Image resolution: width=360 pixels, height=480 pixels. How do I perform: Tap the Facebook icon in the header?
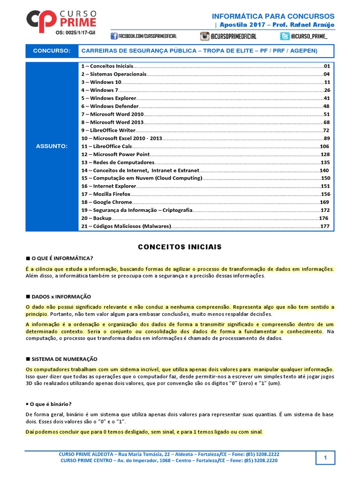click(x=114, y=36)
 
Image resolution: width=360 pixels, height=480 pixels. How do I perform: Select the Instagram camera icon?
click(x=204, y=36)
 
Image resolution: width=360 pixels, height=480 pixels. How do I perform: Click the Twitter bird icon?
click(x=285, y=36)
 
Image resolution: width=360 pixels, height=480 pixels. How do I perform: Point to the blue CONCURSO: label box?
click(x=52, y=51)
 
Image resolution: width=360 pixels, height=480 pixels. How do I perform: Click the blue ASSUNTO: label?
click(x=52, y=146)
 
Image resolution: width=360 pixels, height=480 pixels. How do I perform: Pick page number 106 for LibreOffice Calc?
click(x=325, y=146)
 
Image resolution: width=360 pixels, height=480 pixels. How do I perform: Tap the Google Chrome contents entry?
click(x=106, y=202)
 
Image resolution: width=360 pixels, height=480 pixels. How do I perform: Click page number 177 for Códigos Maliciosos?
click(x=325, y=226)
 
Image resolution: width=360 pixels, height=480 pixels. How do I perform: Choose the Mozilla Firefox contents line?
click(x=106, y=194)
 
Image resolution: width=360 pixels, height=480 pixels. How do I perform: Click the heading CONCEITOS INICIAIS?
click(x=180, y=247)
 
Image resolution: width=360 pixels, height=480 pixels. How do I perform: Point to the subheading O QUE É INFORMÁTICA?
click(x=62, y=258)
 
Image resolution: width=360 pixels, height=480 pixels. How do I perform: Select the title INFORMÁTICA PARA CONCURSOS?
click(x=273, y=16)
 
